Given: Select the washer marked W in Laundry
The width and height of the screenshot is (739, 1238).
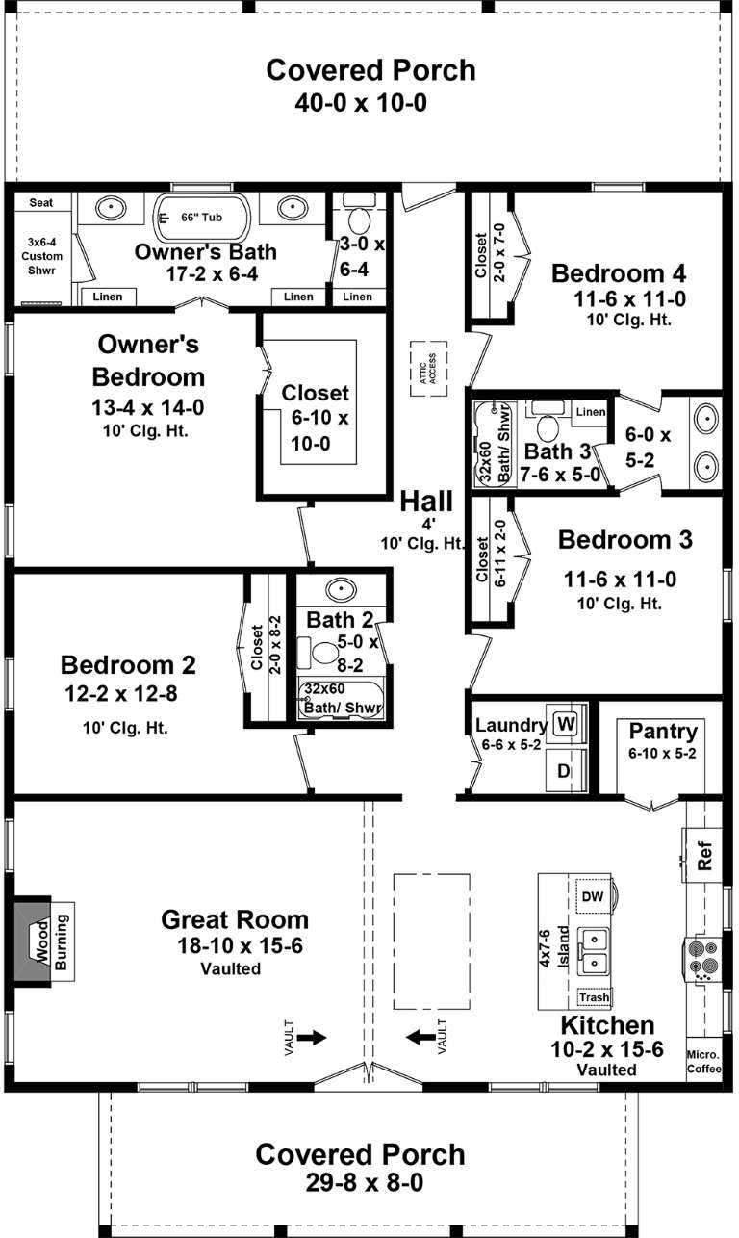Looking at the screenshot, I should tap(565, 723).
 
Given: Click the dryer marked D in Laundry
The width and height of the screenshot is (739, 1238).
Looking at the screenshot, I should tap(565, 771).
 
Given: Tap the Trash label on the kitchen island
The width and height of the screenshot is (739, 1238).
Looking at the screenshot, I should tap(594, 997).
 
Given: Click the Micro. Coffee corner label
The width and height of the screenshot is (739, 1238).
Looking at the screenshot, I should tap(703, 1060).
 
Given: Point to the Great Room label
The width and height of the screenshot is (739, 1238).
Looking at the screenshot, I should tap(235, 919).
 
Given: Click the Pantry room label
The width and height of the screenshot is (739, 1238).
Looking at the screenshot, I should tap(656, 730).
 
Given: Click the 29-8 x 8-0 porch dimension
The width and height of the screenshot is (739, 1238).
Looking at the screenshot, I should tap(359, 1182).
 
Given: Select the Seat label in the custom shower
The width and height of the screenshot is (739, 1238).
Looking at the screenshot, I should tap(40, 203).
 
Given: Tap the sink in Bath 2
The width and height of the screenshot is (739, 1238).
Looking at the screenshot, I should tap(342, 589).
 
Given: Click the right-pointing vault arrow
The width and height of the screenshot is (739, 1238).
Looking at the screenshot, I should tap(313, 1037).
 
